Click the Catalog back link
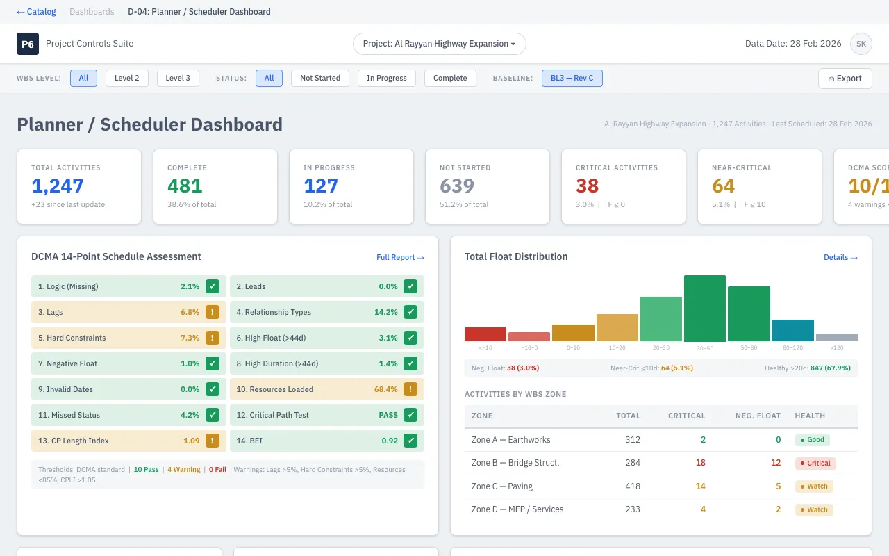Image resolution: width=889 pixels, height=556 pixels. pyautogui.click(x=36, y=12)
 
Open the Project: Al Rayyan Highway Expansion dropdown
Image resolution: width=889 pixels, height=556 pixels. pyautogui.click(x=439, y=44)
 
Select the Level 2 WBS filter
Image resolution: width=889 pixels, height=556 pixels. pyautogui.click(x=127, y=78)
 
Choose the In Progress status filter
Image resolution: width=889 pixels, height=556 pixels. pyautogui.click(x=386, y=78)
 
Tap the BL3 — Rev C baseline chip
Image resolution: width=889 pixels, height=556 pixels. pyautogui.click(x=572, y=78)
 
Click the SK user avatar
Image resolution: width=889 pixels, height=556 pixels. pyautogui.click(x=861, y=44)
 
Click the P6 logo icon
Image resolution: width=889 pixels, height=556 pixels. pyautogui.click(x=28, y=44)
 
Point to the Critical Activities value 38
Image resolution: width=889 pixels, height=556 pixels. pyautogui.click(x=587, y=186)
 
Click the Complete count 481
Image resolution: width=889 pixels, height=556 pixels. pyautogui.click(x=185, y=186)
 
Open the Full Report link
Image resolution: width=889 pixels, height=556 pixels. pyautogui.click(x=400, y=257)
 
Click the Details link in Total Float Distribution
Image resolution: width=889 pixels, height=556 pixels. pyautogui.click(x=840, y=257)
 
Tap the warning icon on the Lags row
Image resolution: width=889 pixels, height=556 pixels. pyautogui.click(x=213, y=312)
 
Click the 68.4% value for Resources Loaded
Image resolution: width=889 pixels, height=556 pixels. pyautogui.click(x=385, y=389)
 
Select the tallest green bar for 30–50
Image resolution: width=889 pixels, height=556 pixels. pyautogui.click(x=705, y=309)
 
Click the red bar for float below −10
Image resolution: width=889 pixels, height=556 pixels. pyautogui.click(x=485, y=334)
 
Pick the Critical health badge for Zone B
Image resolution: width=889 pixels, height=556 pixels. pyautogui.click(x=815, y=463)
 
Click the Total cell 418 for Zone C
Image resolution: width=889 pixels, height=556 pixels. pyautogui.click(x=633, y=486)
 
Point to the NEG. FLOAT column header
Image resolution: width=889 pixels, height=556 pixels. pyautogui.click(x=758, y=416)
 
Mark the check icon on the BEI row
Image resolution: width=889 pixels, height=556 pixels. pyautogui.click(x=410, y=441)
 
